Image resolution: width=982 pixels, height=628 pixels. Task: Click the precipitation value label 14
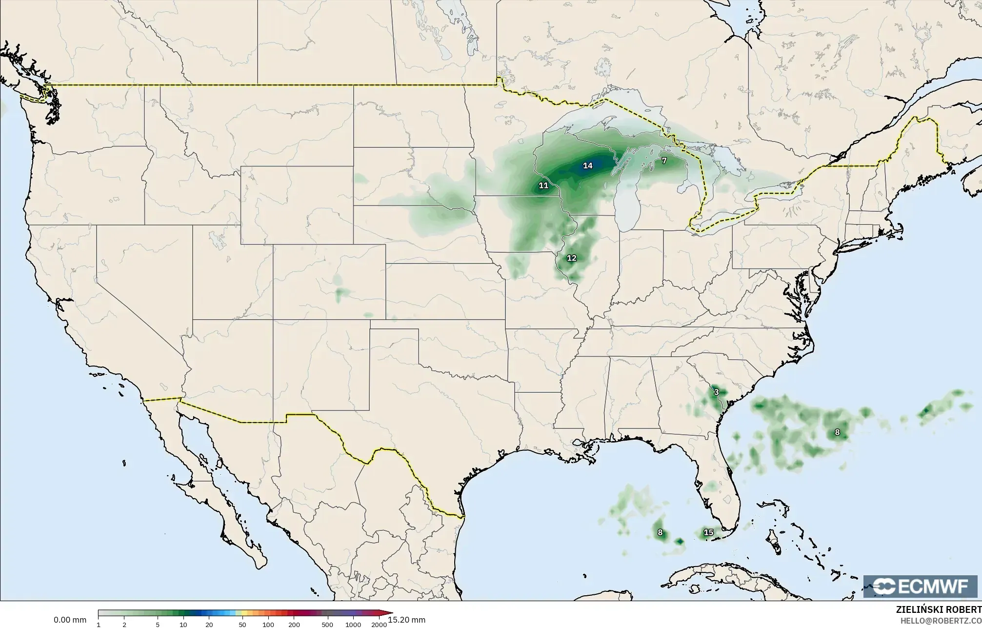coord(588,166)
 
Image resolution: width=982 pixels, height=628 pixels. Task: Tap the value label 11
coord(543,185)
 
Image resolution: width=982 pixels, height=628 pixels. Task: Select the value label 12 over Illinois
coord(572,258)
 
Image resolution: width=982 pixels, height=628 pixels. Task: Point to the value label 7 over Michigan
coord(664,161)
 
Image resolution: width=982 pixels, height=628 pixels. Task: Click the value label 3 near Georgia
coord(716,392)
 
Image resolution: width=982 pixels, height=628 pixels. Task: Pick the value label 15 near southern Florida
coord(708,532)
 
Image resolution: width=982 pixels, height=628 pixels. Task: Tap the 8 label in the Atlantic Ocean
coord(837,432)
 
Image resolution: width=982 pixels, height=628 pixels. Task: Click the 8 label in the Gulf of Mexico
coord(660,532)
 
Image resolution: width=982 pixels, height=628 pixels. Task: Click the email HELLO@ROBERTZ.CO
coord(941,621)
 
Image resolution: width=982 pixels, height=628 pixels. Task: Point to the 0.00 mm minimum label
coord(70,620)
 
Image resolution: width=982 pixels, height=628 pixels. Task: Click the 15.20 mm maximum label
coord(406,620)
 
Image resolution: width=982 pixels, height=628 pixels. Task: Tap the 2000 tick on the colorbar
coord(379,625)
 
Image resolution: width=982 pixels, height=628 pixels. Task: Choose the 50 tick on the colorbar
coord(242,625)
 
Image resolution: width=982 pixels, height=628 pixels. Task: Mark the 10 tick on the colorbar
coord(183,625)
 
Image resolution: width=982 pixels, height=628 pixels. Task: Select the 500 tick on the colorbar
coord(327,625)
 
